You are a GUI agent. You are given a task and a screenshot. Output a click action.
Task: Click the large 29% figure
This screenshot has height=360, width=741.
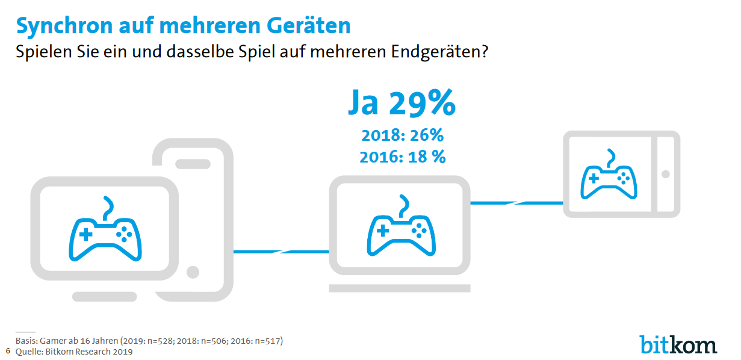[422, 104]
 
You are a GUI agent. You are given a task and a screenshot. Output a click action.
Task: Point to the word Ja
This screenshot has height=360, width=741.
[364, 104]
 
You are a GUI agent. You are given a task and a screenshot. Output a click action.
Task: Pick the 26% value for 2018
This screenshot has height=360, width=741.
[426, 135]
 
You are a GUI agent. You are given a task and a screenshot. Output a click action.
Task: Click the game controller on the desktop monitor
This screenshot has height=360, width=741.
[106, 231]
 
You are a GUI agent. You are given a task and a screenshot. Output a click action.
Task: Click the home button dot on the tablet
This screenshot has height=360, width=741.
[665, 174]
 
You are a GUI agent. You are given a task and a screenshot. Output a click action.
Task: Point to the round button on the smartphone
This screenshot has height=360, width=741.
[193, 272]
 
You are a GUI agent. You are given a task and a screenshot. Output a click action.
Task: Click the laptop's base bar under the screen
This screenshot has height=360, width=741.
[400, 288]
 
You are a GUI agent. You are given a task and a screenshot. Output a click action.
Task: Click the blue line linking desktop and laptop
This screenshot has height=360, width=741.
[281, 251]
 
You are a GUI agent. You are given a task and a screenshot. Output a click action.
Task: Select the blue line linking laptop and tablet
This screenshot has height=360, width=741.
[516, 203]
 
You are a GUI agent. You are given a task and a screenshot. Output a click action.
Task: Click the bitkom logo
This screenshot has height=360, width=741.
[678, 344]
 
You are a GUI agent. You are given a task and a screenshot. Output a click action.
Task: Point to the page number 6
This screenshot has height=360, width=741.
[8, 350]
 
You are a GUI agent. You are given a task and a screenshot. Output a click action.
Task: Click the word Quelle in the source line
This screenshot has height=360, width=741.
[28, 352]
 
